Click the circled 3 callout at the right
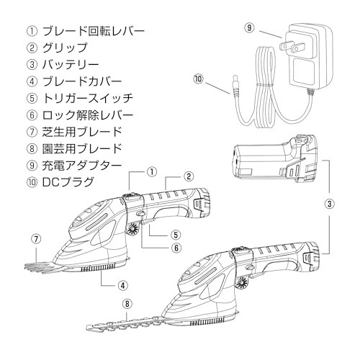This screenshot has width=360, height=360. coord(329,204)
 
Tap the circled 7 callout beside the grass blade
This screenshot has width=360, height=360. coord(36,238)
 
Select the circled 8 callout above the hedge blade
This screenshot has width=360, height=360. coord(127,305)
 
